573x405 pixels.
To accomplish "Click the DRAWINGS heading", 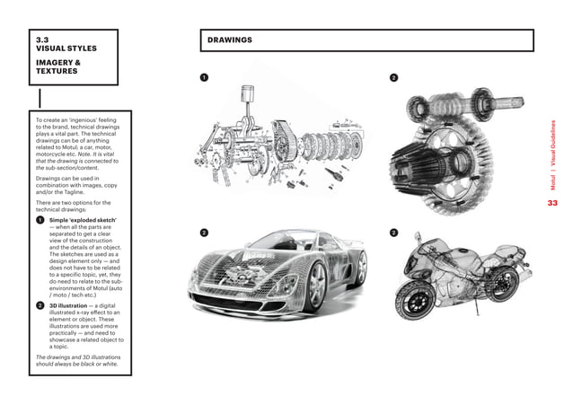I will pyautogui.click(x=229, y=40).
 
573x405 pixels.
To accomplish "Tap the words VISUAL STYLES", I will pyautogui.click(x=66, y=48).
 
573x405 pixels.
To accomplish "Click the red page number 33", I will pyautogui.click(x=552, y=203).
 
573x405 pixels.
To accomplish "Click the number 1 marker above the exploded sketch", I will pyautogui.click(x=204, y=77).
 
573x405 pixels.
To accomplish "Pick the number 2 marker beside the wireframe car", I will pyautogui.click(x=204, y=233).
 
